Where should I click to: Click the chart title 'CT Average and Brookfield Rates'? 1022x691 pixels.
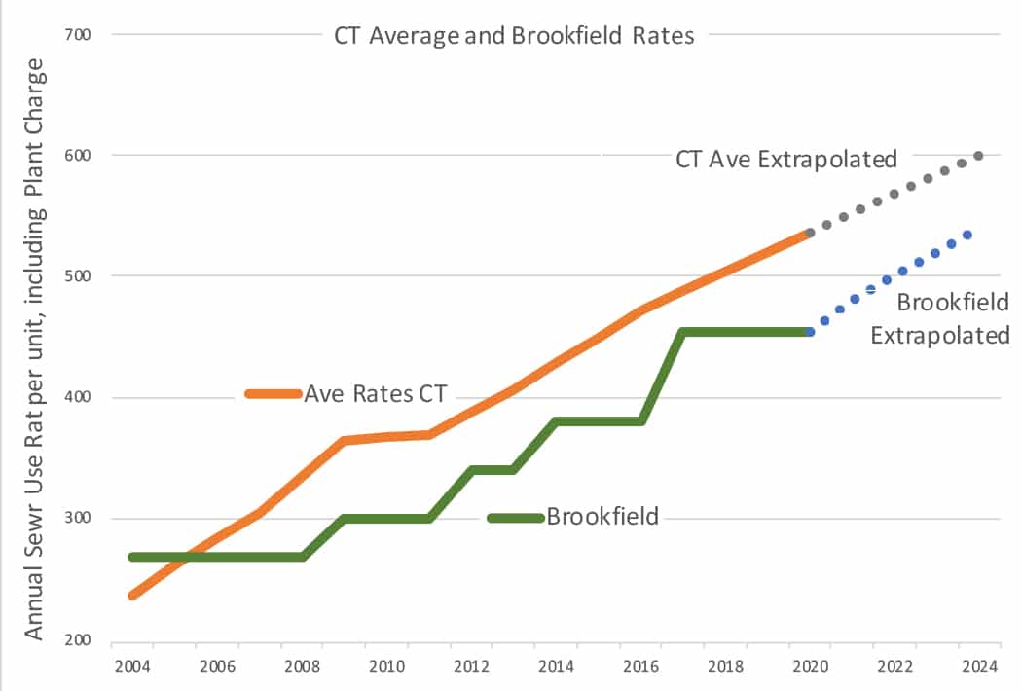(x=514, y=36)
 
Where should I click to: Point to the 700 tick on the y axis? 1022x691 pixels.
(x=77, y=34)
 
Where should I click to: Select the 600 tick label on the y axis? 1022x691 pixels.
(x=77, y=155)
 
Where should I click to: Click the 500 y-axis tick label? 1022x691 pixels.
(x=77, y=276)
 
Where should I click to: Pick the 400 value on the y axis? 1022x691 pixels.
(x=77, y=397)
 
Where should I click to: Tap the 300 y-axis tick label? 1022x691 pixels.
(x=77, y=519)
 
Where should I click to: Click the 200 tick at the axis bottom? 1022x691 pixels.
(x=77, y=640)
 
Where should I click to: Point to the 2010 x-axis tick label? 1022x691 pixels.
(x=386, y=668)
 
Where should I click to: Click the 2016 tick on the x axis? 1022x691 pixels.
(x=641, y=668)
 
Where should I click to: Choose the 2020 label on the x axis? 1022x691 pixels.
(x=811, y=668)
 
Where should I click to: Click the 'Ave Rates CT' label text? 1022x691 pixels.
(x=376, y=394)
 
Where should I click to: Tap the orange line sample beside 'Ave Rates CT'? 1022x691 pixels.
(x=274, y=394)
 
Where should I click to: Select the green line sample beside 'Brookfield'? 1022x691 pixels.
(x=515, y=518)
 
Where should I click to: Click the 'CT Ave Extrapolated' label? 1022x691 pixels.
(x=785, y=159)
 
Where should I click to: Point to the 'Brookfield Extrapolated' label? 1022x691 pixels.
(x=940, y=319)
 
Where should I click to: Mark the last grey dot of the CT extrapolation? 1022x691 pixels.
(x=978, y=156)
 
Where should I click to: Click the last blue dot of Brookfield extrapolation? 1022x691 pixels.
(x=967, y=235)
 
